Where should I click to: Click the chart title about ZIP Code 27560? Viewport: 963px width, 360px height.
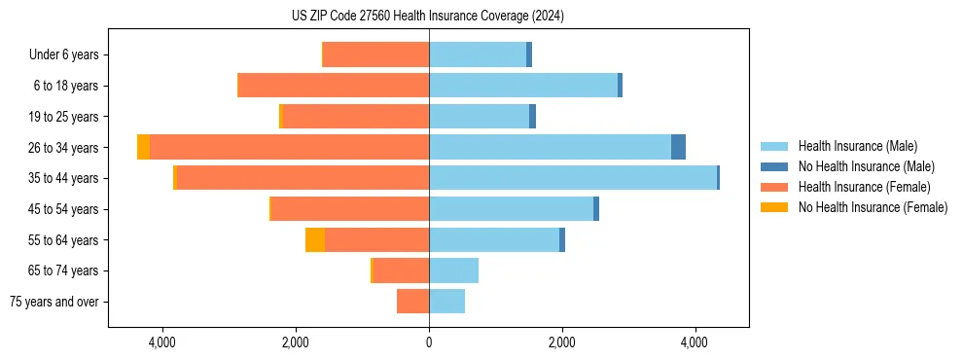pos(428,17)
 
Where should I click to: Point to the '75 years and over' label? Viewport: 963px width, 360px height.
pos(54,302)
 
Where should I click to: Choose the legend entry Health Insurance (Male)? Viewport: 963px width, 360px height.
pos(857,146)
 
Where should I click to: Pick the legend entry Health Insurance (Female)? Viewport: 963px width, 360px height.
pos(864,187)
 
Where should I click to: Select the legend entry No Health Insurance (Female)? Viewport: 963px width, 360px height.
pos(873,207)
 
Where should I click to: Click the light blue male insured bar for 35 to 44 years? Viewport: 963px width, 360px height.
pos(572,178)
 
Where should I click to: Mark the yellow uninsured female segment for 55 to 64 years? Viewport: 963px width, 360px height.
pos(315,240)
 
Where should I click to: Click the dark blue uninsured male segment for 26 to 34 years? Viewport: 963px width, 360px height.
pos(678,147)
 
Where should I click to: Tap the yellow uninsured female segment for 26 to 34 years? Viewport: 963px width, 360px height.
pos(143,147)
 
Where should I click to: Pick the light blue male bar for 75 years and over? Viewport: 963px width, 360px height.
pos(446,302)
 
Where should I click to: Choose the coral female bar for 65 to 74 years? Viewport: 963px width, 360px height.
pos(401,270)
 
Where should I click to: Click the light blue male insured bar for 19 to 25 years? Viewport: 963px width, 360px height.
pos(479,117)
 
